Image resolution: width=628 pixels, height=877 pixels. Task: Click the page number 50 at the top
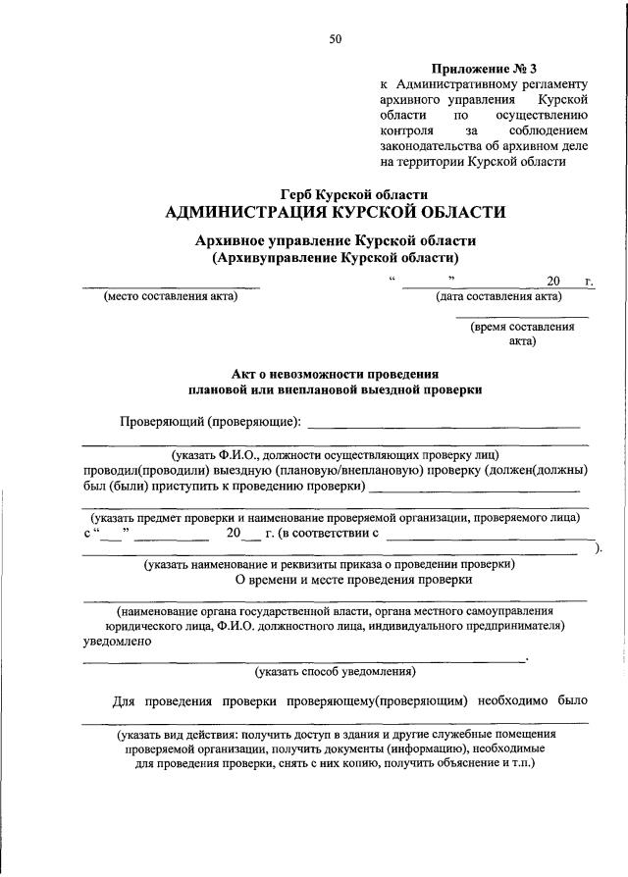point(336,39)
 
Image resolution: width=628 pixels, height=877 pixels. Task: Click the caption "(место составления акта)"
point(171,297)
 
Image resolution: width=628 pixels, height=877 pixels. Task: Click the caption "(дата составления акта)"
point(498,297)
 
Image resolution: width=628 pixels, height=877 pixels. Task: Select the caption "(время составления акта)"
point(522,335)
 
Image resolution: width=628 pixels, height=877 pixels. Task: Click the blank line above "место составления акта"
point(171,287)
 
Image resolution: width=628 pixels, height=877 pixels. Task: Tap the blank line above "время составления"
point(522,317)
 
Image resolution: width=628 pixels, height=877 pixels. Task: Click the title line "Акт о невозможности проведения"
point(335,374)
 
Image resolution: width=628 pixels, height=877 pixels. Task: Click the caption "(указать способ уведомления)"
point(336,672)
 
